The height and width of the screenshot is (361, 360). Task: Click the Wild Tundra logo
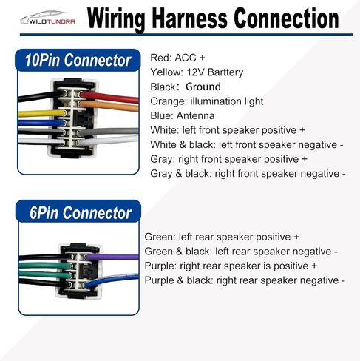[47, 18]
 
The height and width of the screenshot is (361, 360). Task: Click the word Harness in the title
[189, 18]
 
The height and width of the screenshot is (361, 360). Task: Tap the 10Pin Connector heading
[78, 60]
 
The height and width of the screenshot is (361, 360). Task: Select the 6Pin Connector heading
[81, 213]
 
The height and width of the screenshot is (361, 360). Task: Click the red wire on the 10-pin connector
[109, 97]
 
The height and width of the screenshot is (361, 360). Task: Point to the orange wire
[109, 106]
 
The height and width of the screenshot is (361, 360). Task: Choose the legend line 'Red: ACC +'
[177, 58]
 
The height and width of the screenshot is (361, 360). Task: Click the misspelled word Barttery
[225, 72]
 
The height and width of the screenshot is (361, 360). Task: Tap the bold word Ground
[203, 87]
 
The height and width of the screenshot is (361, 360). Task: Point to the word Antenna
[196, 116]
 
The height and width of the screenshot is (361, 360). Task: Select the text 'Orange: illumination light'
[207, 101]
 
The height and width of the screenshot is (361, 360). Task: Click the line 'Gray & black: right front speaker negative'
[248, 174]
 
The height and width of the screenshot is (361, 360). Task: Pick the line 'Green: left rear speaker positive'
[222, 237]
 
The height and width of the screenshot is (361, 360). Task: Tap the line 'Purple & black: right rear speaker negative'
[245, 280]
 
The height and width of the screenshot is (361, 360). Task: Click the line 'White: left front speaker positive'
[228, 130]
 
